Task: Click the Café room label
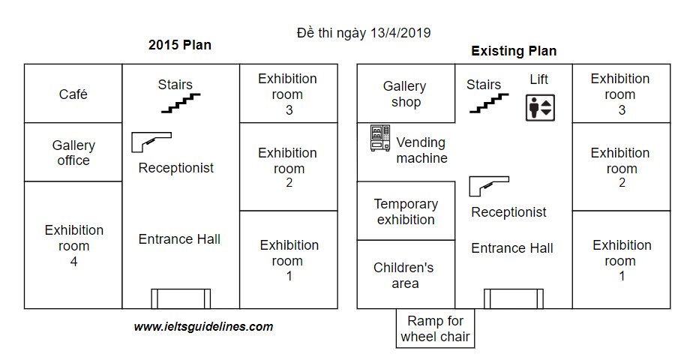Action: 73,94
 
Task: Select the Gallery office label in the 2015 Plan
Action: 73,153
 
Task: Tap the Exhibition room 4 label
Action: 73,246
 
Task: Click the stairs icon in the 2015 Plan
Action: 181,103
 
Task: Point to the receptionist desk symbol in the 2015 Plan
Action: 151,140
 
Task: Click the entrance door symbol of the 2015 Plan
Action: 181,298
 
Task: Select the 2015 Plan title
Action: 180,45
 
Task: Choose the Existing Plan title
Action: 514,51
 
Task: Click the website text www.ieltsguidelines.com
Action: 203,327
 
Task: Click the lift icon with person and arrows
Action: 539,108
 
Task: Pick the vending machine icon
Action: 379,139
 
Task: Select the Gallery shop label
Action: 405,94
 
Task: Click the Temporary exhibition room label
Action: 406,211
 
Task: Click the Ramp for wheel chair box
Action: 435,328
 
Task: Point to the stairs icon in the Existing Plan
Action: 489,103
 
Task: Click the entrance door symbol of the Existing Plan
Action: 513,298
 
